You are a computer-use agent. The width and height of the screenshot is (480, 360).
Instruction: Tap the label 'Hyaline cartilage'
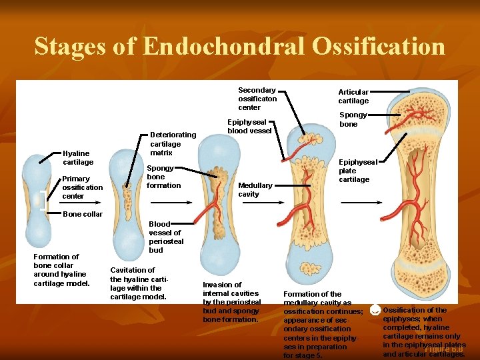coord(78,157)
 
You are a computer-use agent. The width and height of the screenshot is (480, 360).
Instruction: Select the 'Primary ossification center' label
coord(82,187)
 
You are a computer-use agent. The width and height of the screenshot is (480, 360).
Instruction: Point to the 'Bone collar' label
coord(82,214)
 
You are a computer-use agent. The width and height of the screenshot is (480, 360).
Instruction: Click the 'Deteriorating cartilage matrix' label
coord(173,144)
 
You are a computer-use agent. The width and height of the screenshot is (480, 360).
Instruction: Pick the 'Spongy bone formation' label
coord(163,177)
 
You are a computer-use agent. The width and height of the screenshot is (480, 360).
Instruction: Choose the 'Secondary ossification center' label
coord(257,99)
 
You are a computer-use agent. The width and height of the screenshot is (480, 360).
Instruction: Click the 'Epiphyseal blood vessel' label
coord(249,127)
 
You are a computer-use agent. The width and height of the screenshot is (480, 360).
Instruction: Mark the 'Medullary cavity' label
coord(255,189)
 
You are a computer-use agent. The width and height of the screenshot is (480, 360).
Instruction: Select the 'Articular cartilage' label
coord(353,97)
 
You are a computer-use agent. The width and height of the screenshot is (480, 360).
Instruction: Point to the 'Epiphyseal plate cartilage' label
coord(358,171)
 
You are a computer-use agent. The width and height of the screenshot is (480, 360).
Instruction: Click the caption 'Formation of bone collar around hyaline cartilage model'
coord(61,269)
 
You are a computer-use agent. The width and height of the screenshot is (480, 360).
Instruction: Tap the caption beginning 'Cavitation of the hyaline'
coord(137,283)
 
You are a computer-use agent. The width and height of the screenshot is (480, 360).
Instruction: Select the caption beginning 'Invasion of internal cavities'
coord(231,302)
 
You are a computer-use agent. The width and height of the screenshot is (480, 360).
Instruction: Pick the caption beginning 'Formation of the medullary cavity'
coord(323,324)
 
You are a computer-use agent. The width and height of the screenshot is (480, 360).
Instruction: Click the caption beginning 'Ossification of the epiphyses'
coord(423,331)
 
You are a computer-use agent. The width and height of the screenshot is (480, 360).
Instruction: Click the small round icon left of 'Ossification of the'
coord(375,310)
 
